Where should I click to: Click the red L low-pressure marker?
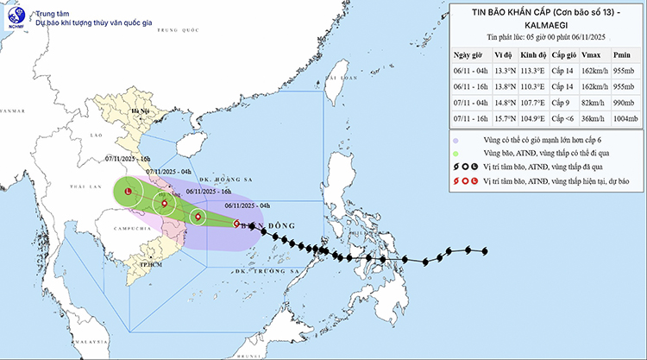click(x=128, y=191)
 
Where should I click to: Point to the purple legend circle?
click(x=455, y=139)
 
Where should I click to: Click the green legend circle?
click(x=455, y=153)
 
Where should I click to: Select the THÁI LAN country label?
click(x=77, y=186)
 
